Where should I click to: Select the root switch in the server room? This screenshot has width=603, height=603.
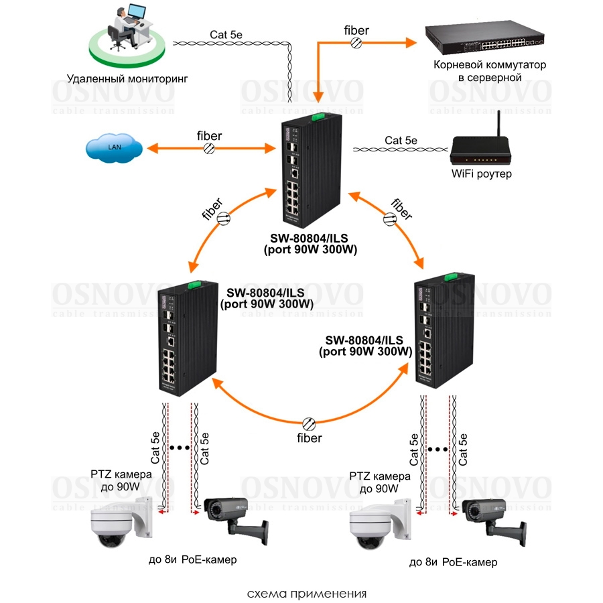click(x=484, y=41)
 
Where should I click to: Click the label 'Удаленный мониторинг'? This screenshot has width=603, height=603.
click(x=127, y=78)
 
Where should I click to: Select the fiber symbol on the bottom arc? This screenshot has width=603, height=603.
click(x=309, y=423)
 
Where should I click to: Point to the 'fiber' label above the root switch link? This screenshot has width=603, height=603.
click(x=356, y=29)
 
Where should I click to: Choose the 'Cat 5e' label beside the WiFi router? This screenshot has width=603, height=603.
click(x=401, y=140)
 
